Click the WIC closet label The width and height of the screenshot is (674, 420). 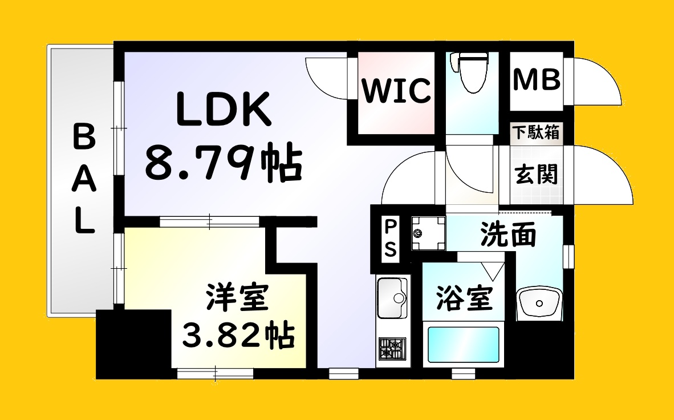coord(396,90)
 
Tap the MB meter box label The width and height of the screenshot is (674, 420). coord(537,79)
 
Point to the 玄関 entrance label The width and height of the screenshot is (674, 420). coord(537,174)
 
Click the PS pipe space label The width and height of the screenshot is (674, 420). coord(390,239)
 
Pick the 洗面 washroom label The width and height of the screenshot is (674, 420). coord(508,235)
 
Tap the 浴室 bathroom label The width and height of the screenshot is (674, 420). coord(464,297)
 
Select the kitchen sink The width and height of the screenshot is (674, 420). coord(392,297)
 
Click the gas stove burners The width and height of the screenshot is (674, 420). coord(392,349)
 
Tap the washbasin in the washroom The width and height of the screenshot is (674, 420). coord(539,304)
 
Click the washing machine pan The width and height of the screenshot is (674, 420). coord(428,233)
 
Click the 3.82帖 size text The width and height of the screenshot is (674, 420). coord(238,334)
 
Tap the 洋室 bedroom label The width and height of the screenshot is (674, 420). coord(238,297)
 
